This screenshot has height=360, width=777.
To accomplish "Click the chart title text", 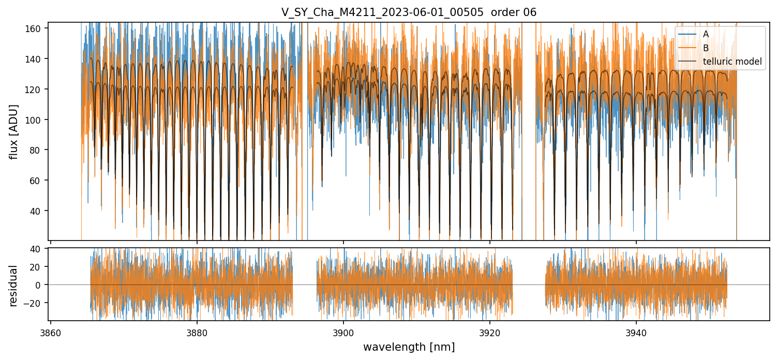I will point(409,12).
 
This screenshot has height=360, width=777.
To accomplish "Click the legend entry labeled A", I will point(706,34).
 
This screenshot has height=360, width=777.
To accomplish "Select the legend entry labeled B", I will point(706,48).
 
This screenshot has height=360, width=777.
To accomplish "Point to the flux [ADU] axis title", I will point(14,132).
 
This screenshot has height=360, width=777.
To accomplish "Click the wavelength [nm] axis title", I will point(409,347).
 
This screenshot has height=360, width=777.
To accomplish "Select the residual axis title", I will point(13,286).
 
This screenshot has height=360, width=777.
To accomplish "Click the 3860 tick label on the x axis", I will point(50,332).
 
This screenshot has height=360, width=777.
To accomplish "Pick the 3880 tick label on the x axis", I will point(197,332).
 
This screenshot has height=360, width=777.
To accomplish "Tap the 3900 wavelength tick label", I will point(343,332).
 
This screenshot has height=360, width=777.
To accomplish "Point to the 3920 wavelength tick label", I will point(490,332).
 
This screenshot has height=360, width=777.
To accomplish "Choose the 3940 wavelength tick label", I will point(636,332).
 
